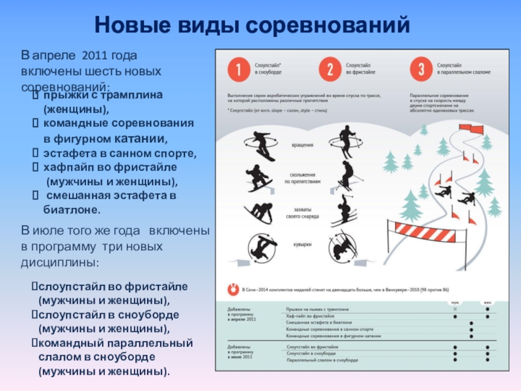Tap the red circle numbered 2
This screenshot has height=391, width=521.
click(x=330, y=69)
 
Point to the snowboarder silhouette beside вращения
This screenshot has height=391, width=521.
click(x=260, y=145)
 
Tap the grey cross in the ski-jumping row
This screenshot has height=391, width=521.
click(x=455, y=310)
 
